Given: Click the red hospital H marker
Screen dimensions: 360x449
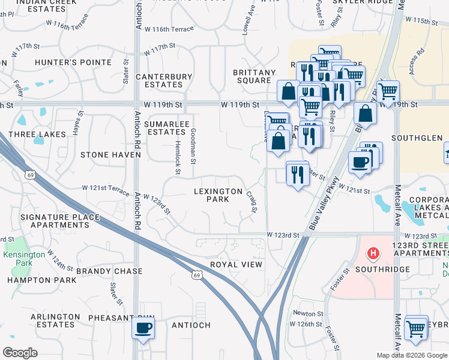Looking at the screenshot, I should pos(373,254).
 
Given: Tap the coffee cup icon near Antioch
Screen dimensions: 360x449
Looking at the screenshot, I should pos(143,328).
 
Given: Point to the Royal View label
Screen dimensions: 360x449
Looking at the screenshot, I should pos(236,265).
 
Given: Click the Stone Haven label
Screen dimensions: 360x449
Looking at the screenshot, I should pos(110,155).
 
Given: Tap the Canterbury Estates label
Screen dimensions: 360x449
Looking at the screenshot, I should pos(164,81).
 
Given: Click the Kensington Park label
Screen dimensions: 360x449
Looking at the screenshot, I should pos(23,259).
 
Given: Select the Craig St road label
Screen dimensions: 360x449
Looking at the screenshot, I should pos(252,202).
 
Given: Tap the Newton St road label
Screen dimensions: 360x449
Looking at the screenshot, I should pos(308,313).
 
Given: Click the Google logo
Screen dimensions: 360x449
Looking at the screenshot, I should pos(20,353).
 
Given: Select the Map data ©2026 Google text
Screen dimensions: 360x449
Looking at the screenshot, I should pos(411,355).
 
